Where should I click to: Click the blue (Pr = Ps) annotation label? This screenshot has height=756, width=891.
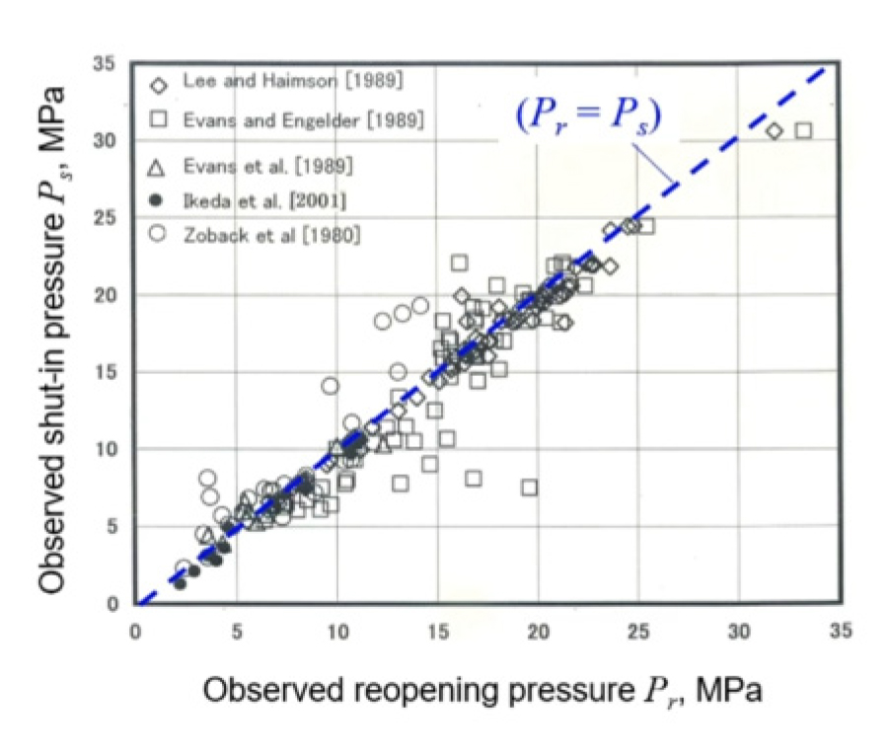(586, 115)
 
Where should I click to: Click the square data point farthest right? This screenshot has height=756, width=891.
(803, 130)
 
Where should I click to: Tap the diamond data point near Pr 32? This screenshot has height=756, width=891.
(775, 130)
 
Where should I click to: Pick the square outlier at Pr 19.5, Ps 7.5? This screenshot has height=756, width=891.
(530, 488)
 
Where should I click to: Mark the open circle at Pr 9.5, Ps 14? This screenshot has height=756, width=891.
(331, 386)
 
